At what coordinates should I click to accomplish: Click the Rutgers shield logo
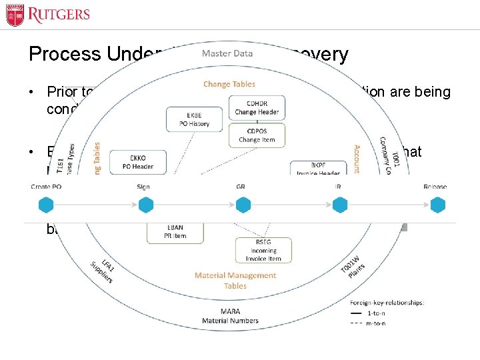point(15,15)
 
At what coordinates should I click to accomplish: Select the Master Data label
point(227,53)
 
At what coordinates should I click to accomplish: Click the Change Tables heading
point(229,85)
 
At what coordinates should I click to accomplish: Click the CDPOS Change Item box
point(247,135)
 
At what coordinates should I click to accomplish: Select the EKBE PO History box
point(194,119)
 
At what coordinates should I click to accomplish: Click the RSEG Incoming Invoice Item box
point(263,250)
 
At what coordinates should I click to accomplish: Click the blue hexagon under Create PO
point(47,205)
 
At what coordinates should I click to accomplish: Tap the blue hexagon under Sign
point(143,205)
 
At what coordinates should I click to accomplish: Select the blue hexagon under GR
point(242,205)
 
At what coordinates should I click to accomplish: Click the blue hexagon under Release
point(437,205)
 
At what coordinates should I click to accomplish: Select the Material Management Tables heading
point(235,281)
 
